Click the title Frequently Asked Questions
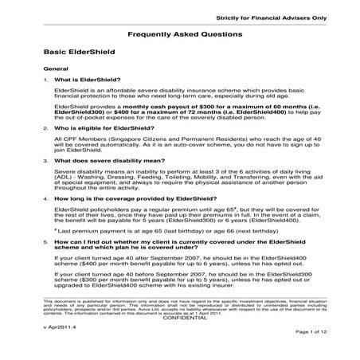179,36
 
